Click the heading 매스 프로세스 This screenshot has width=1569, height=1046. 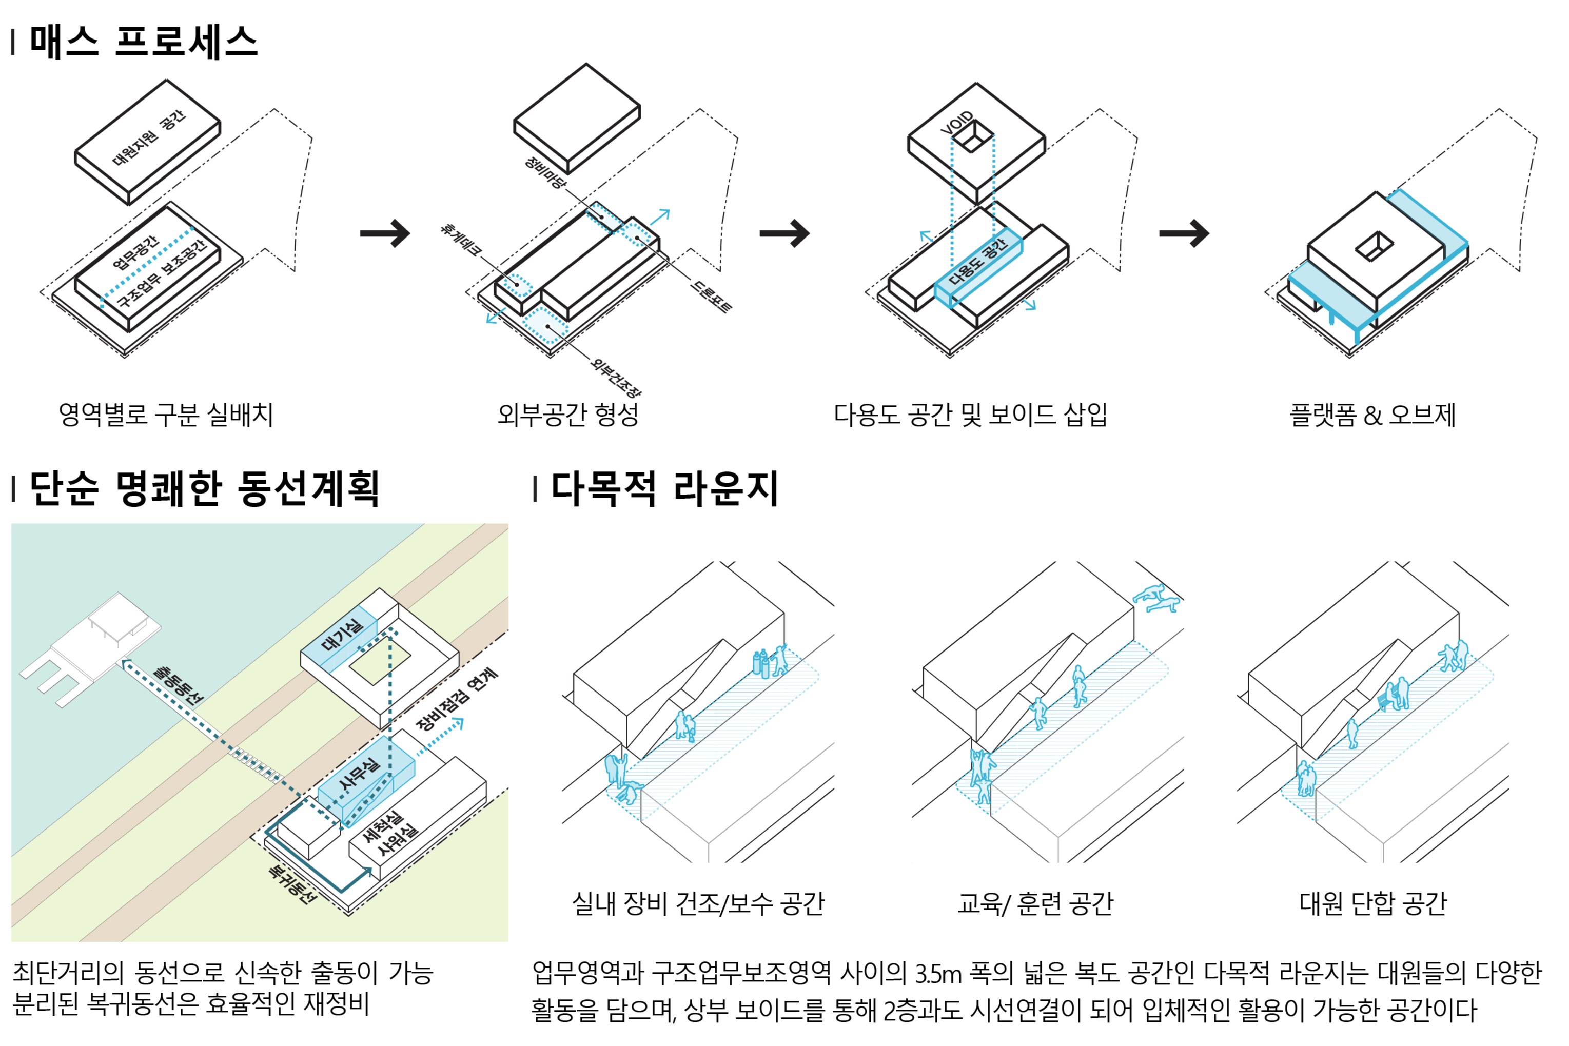pos(144,42)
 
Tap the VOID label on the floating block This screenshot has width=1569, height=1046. pos(956,124)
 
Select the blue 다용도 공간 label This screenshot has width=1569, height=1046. pos(977,262)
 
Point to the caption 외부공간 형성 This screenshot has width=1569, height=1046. pos(567,415)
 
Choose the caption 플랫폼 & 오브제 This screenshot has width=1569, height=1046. pos(1372,415)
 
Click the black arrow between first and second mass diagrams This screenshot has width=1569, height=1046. pos(385,233)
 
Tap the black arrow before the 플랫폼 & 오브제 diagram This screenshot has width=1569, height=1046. pos(1184,233)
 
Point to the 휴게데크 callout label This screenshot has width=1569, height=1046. pos(460,240)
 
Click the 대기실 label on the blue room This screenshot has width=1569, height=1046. pos(343,635)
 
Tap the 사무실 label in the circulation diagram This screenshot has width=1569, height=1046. pos(360,775)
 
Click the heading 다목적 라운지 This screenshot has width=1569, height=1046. pos(664,489)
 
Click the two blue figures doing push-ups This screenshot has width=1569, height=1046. pos(1156,598)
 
